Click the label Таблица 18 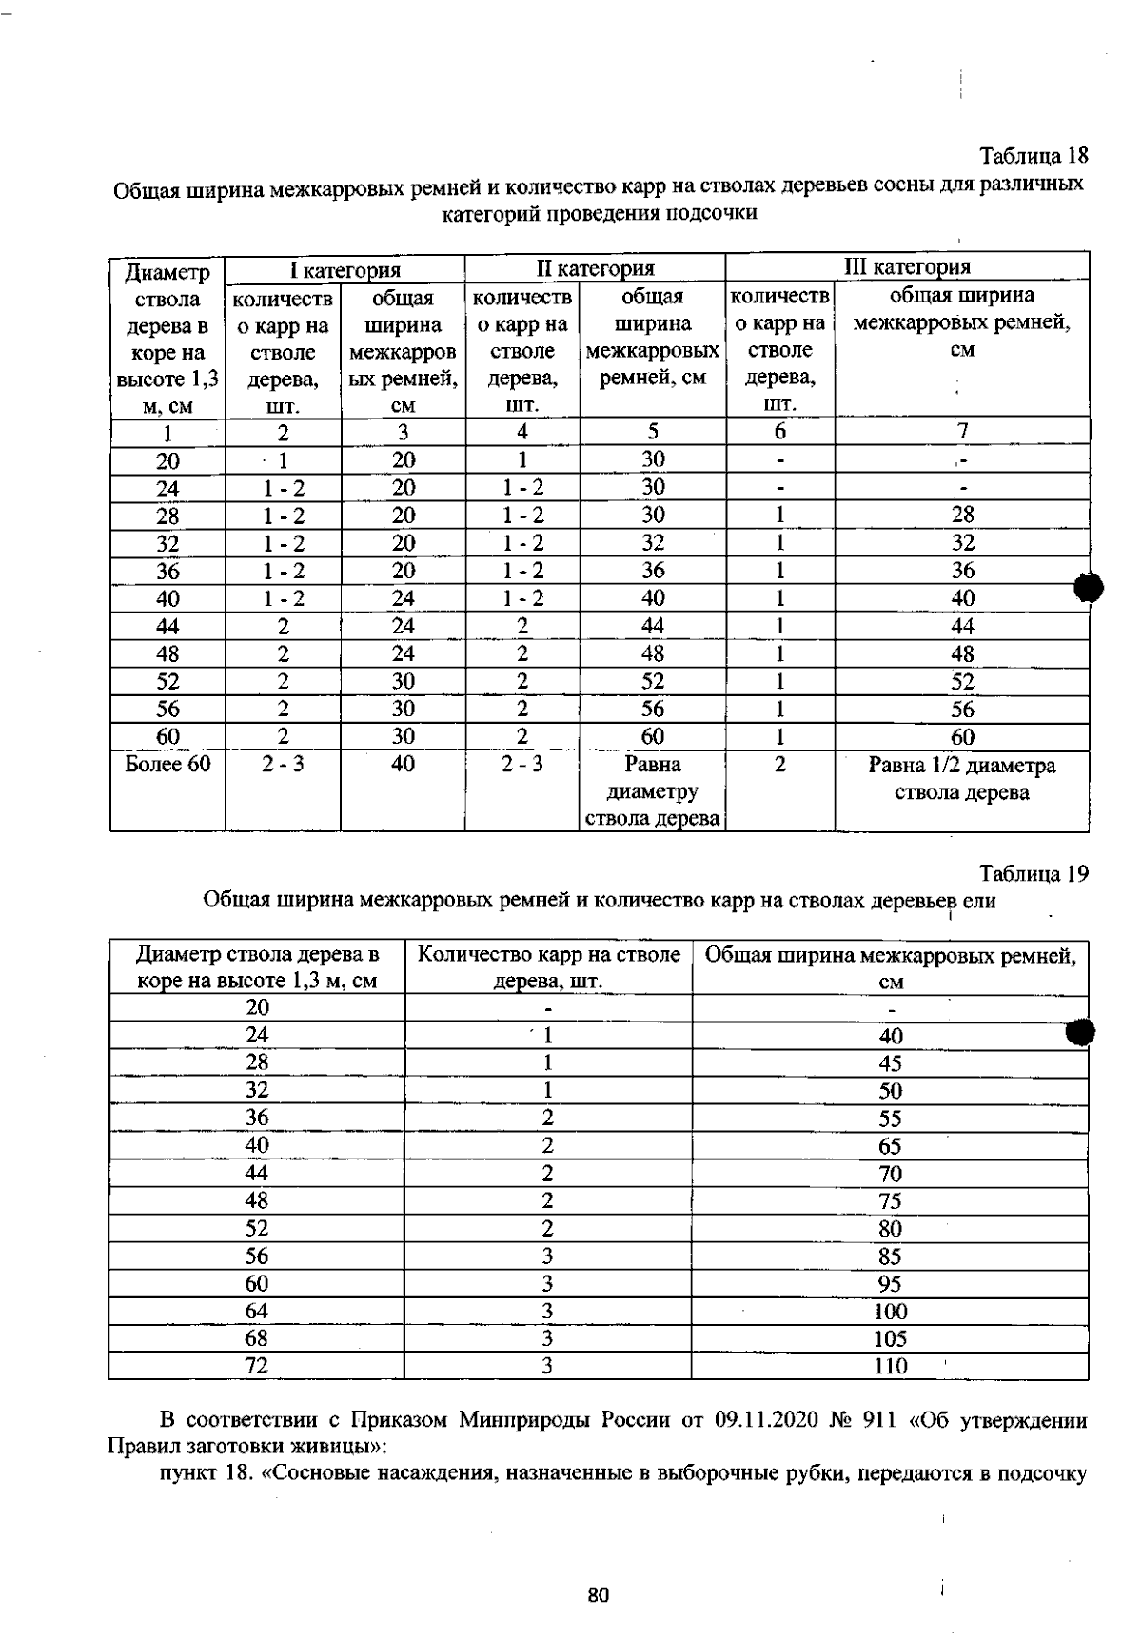coord(1034,155)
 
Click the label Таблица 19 coord(1034,873)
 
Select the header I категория coord(345,269)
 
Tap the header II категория coord(595,269)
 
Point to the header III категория coord(908,267)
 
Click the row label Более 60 coord(167,765)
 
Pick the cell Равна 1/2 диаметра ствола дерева coord(961,779)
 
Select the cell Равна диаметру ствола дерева coord(652,792)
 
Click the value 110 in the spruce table coord(891,1366)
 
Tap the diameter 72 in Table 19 coord(257,1366)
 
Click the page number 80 coord(598,1595)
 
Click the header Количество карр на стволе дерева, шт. coord(549,967)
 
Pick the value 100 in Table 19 coord(891,1312)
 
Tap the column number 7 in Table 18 coord(962,431)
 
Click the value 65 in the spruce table coord(891,1146)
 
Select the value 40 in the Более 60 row coord(403,765)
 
